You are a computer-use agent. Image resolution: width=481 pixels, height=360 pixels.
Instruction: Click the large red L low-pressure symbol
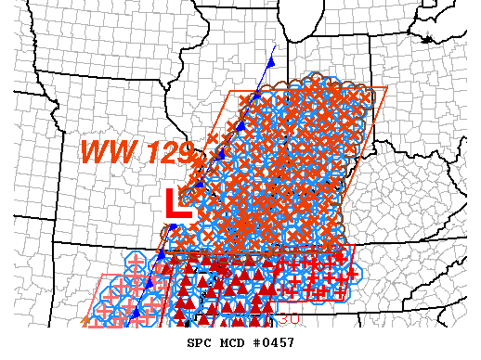[x=176, y=204]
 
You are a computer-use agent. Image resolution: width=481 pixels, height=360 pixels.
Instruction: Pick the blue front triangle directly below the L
[x=171, y=226]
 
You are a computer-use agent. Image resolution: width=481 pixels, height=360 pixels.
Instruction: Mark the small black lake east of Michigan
[x=427, y=39]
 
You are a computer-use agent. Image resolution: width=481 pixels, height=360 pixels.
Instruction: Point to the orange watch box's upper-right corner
[x=385, y=88]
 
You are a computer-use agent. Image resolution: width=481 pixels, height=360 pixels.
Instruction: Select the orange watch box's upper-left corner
[x=229, y=93]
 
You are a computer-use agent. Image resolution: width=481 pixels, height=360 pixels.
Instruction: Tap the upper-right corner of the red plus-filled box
[x=355, y=247]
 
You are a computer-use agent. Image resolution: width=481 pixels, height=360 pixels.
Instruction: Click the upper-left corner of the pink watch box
[x=104, y=276]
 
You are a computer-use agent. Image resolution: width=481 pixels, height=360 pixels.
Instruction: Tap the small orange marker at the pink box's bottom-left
[x=85, y=322]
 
